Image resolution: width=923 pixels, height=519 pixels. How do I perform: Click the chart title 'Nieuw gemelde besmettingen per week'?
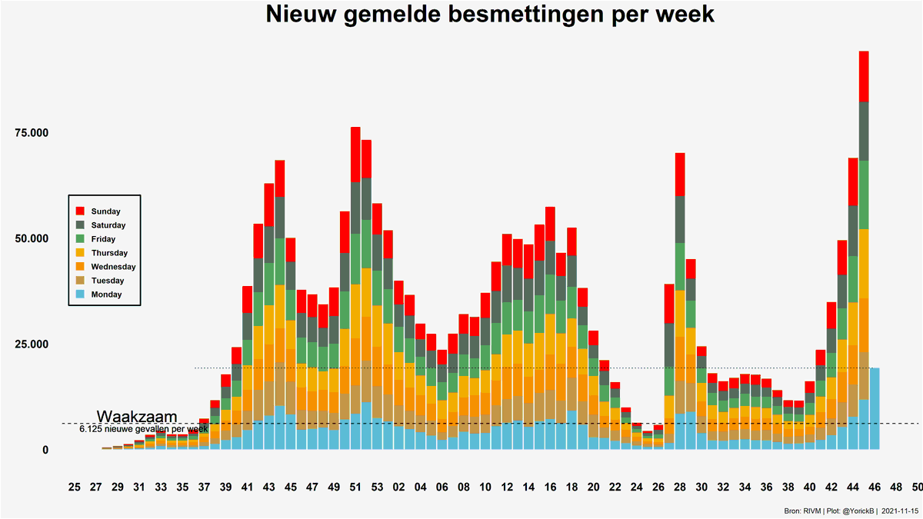point(491,15)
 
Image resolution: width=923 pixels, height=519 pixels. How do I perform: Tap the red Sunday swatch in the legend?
point(80,211)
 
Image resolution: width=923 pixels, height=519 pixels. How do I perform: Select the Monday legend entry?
point(106,294)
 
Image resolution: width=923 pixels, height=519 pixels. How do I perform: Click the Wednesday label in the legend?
point(113,267)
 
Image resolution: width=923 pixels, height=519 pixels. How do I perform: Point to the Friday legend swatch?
point(80,239)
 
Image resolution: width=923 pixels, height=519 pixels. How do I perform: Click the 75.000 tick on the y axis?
point(32,133)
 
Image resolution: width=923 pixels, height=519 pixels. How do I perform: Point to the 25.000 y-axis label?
point(32,344)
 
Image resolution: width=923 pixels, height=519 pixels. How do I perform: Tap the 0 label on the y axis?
point(45,450)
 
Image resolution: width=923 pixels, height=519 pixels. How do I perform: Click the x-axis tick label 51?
point(355,487)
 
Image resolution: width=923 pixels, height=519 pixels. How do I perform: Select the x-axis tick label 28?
point(680,487)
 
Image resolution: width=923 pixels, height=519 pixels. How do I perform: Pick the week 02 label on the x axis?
point(398,487)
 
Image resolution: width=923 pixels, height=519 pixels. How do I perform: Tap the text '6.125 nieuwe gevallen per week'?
point(143,428)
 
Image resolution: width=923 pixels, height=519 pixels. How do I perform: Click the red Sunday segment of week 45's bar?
point(864,76)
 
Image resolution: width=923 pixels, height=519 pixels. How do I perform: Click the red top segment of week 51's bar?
point(355,154)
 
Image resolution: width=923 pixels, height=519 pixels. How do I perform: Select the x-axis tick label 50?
point(918,487)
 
